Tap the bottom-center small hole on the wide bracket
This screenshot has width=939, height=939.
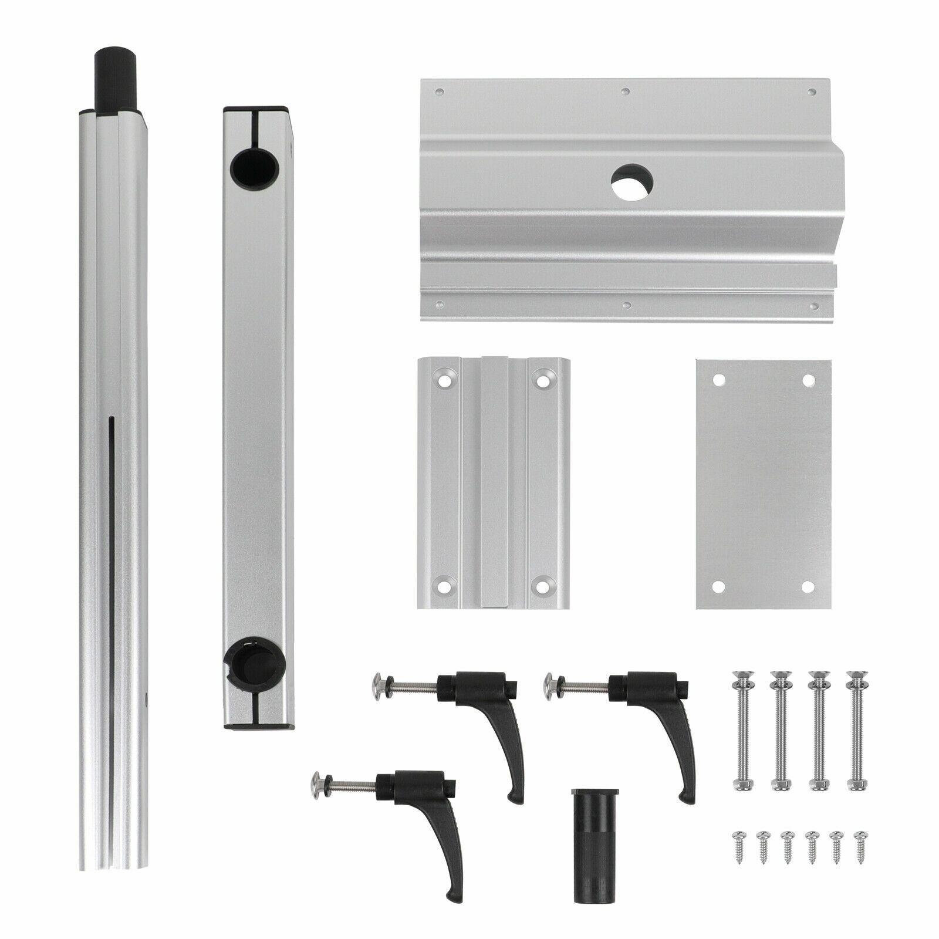[627, 305]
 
